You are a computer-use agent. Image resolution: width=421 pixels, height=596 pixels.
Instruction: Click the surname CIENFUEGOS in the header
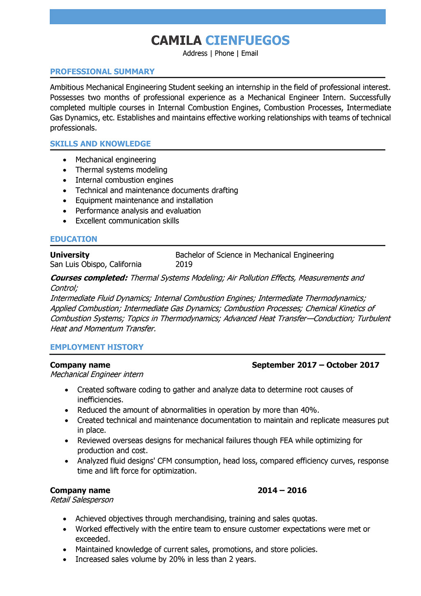[247, 40]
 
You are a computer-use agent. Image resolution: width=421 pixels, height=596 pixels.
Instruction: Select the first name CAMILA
[176, 40]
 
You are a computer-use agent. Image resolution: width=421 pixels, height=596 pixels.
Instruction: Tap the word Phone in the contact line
[224, 54]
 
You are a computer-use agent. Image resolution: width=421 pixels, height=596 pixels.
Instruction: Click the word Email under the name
[250, 54]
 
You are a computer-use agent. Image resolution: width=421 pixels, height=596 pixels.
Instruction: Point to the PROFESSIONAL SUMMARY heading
[102, 72]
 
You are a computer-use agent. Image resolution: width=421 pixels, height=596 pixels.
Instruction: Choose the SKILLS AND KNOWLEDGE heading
[100, 144]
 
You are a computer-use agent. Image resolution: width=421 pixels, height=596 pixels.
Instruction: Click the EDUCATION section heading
[74, 239]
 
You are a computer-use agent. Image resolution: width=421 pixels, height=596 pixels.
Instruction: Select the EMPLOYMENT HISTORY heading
[97, 347]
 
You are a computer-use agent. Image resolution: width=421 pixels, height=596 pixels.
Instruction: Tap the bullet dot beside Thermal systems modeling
[65, 170]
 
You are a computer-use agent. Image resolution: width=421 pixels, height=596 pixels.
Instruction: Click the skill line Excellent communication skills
[127, 221]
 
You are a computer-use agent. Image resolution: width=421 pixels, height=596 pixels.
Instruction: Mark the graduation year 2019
[184, 264]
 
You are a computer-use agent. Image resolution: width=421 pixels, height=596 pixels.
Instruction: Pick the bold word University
[69, 255]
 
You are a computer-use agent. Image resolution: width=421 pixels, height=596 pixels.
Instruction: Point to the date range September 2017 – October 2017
[315, 365]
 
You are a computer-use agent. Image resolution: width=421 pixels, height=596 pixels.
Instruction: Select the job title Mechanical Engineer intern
[97, 375]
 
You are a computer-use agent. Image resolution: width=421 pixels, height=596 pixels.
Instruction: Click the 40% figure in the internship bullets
[310, 410]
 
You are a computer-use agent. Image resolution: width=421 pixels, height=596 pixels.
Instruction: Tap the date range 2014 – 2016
[282, 490]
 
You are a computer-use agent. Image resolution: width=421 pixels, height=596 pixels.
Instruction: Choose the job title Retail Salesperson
[81, 500]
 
